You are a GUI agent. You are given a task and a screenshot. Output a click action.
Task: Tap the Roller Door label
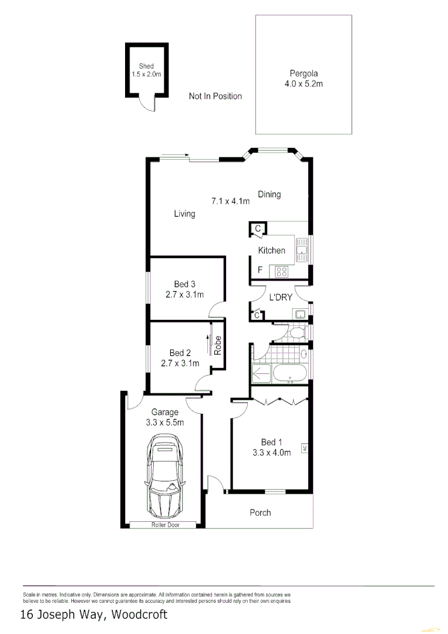point(165,525)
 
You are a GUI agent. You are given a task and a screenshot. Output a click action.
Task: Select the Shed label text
point(146,66)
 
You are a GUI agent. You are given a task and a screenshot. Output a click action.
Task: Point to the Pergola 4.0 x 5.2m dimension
point(304,84)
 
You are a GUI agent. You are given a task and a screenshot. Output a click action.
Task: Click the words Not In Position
point(215,96)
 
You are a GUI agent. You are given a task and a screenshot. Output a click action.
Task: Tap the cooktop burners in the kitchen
point(281,271)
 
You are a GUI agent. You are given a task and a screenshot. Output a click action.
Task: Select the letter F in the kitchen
point(260,271)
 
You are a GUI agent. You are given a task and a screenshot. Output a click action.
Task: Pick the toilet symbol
point(297,333)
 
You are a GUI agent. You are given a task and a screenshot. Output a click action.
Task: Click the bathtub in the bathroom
point(289,373)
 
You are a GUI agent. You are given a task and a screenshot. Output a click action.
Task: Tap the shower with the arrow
point(261,373)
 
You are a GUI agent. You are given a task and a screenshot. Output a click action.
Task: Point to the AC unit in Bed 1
point(305,448)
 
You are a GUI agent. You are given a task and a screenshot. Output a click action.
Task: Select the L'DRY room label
point(280,298)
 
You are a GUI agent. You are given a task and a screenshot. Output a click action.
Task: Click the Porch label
point(260,512)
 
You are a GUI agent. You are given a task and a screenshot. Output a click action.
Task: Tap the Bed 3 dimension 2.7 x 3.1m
point(184,295)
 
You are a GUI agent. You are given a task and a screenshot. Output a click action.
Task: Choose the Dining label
point(269,194)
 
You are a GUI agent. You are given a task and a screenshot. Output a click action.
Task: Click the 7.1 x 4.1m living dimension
point(230,201)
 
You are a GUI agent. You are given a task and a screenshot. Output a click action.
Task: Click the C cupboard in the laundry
point(257,316)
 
